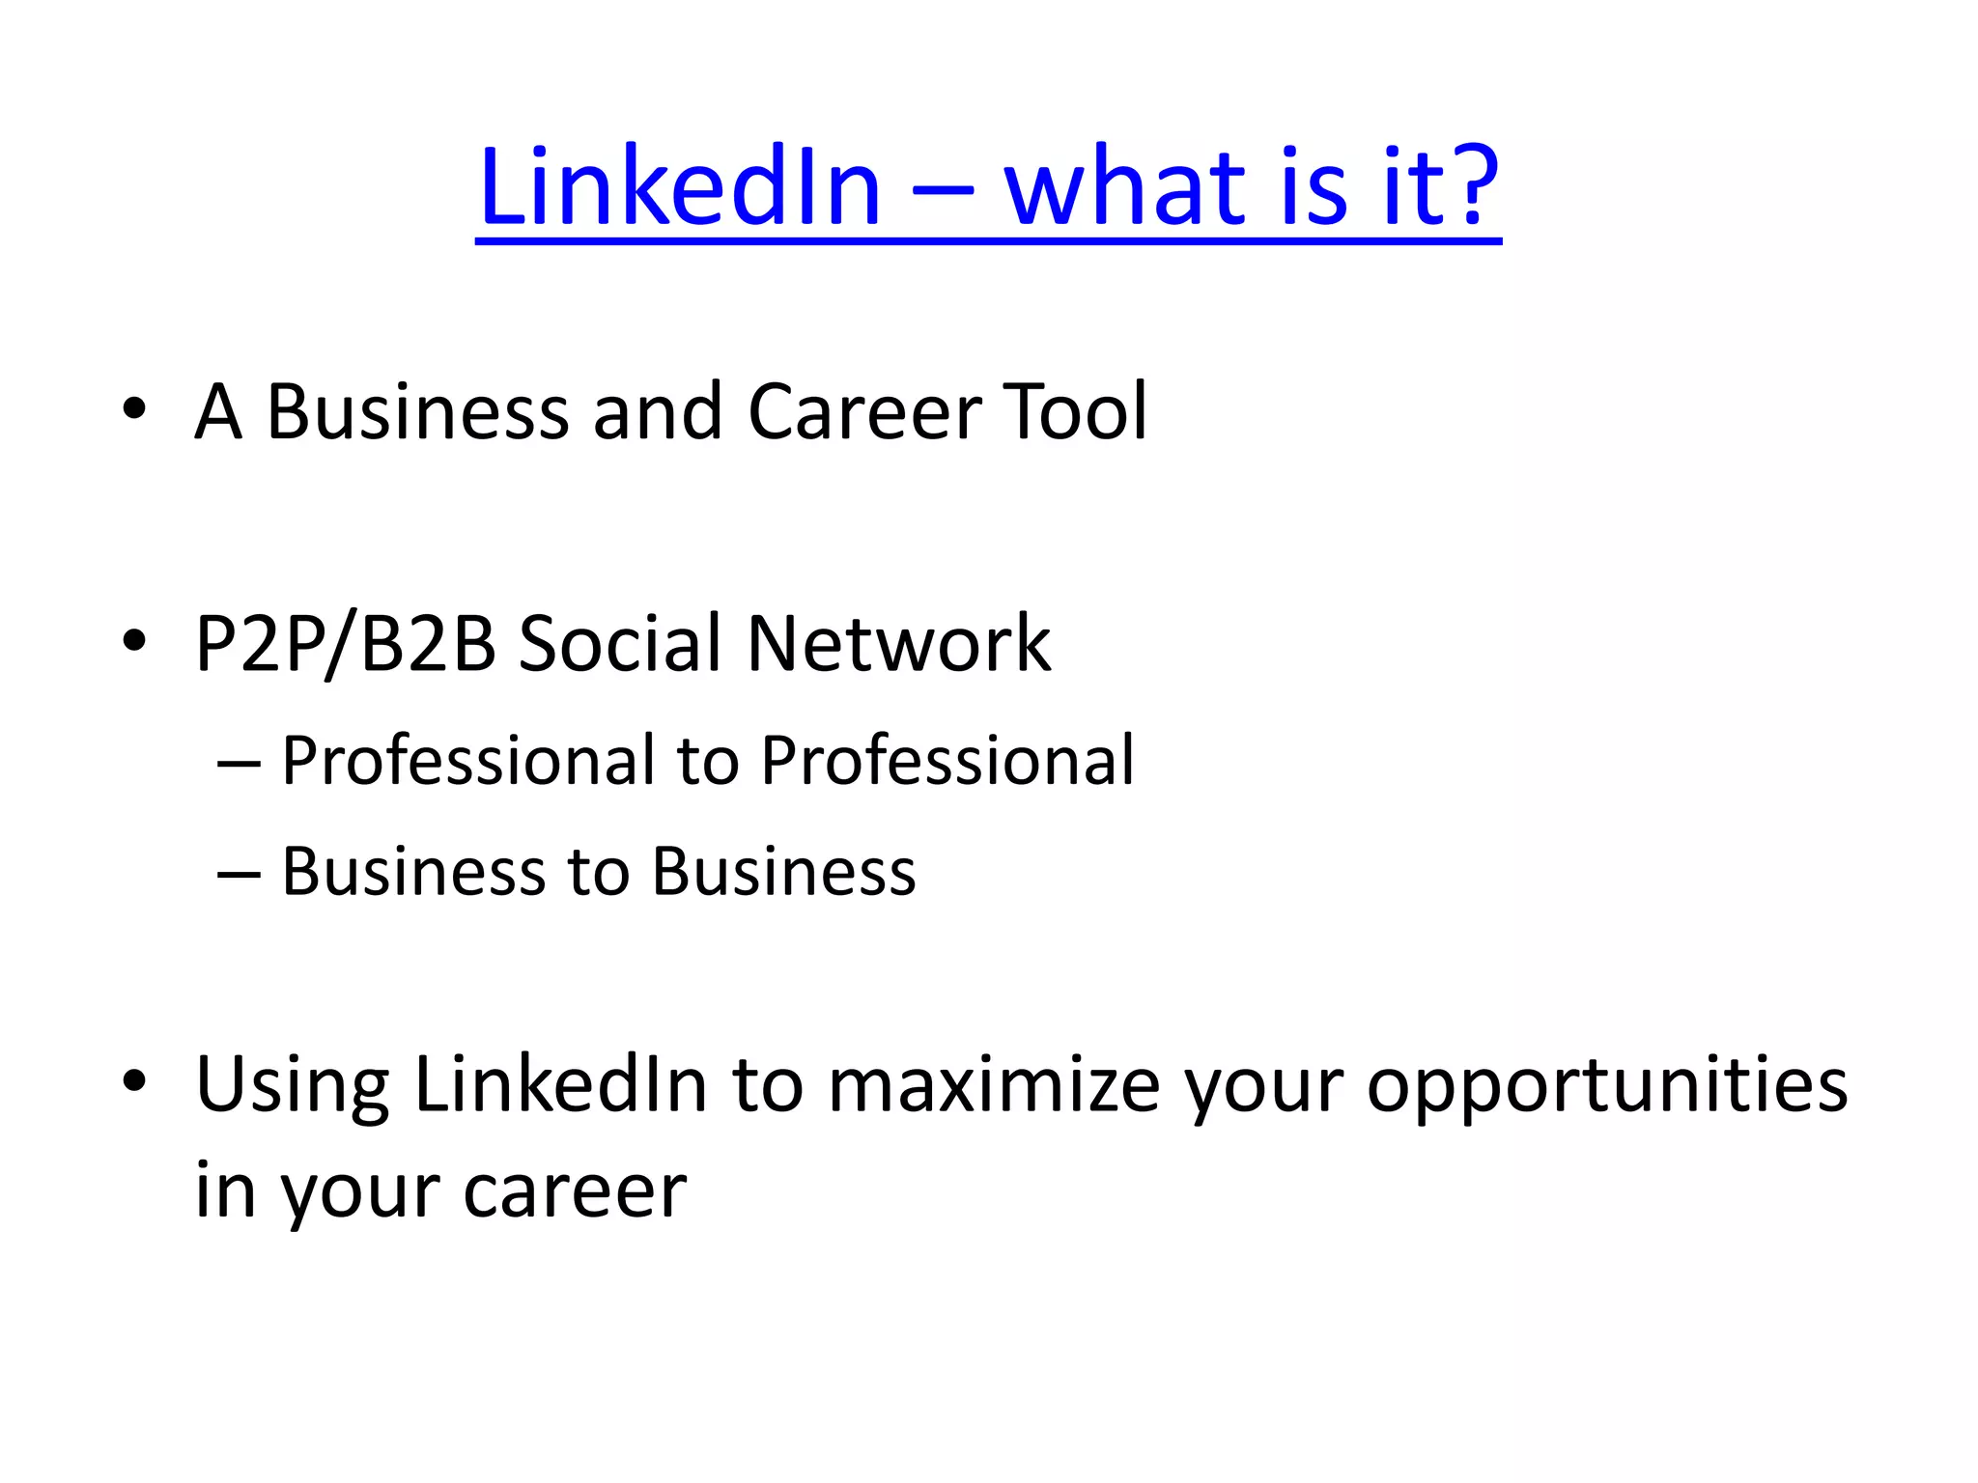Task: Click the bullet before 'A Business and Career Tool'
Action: (134, 409)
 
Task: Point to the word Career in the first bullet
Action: (864, 412)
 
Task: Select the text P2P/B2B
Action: (346, 644)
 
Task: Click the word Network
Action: (898, 644)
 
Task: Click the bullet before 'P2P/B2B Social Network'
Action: (134, 640)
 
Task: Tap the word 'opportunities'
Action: (1606, 1086)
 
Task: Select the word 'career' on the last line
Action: (575, 1192)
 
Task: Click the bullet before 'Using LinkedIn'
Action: (134, 1081)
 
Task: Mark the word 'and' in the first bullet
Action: (657, 412)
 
